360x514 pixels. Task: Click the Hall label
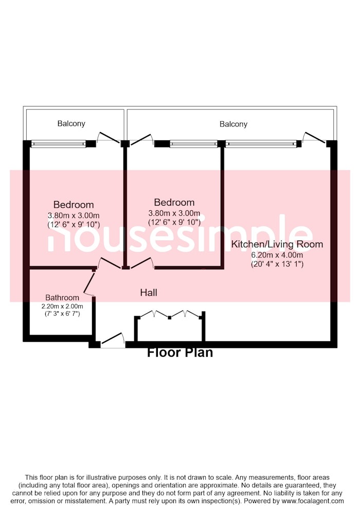(x=149, y=292)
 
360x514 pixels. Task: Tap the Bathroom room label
(x=62, y=298)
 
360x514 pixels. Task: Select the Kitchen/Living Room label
(x=277, y=244)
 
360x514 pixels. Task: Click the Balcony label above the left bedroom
(x=71, y=123)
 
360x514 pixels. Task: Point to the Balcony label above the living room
(x=233, y=124)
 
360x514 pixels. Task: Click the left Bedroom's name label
(x=74, y=205)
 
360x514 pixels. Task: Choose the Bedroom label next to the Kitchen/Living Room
(x=174, y=202)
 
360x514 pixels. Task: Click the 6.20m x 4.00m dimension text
(x=277, y=255)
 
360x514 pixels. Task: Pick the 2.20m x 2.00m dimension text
(x=62, y=306)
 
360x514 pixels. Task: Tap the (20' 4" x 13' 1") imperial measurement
(x=277, y=264)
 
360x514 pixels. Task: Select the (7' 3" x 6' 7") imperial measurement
(x=62, y=314)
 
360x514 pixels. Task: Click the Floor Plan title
(x=180, y=353)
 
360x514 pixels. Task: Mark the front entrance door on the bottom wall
(x=113, y=340)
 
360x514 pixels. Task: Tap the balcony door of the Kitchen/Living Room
(x=314, y=139)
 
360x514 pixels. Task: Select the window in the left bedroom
(x=58, y=143)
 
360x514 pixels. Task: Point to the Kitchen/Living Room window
(x=261, y=143)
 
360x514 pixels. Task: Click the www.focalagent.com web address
(x=313, y=501)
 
